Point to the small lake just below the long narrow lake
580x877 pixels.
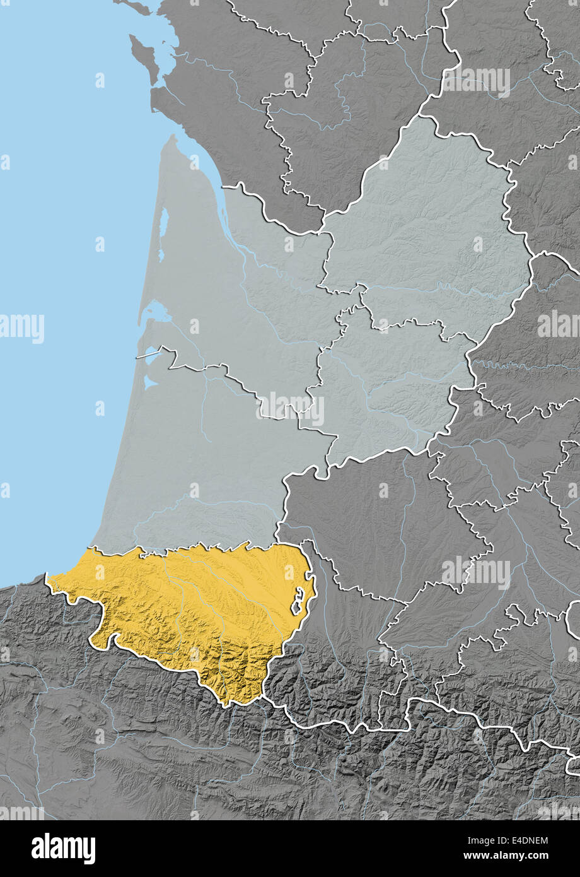click(161, 255)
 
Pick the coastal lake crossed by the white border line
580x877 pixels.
click(153, 354)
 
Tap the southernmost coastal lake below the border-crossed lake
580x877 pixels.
click(149, 382)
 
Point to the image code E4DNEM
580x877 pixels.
click(516, 840)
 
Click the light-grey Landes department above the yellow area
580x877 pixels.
click(202, 467)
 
